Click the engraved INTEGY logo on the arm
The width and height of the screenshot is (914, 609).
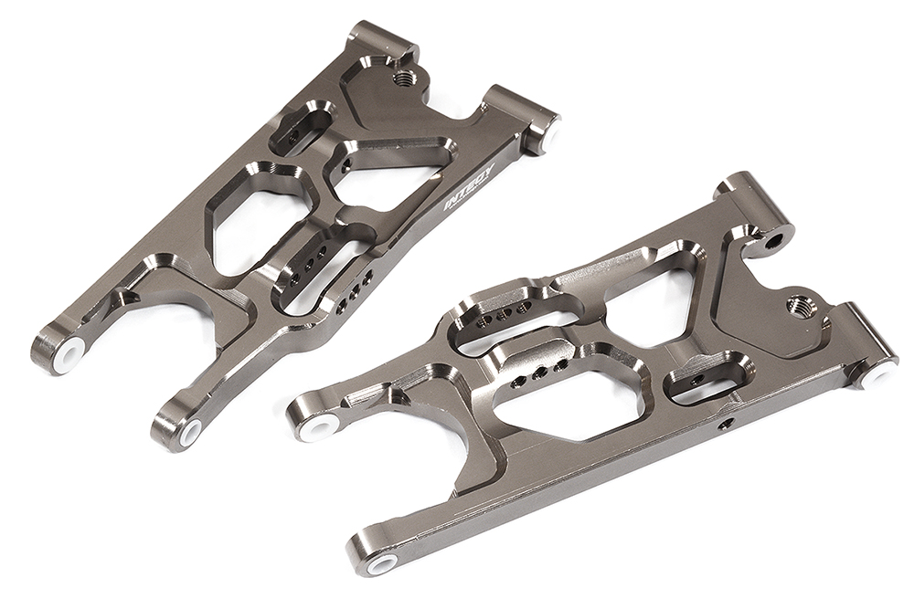tap(469, 187)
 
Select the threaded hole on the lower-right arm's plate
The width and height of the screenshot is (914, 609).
tap(798, 301)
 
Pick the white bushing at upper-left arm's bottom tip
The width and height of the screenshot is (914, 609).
tap(190, 432)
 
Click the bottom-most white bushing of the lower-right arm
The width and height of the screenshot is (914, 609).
tap(382, 563)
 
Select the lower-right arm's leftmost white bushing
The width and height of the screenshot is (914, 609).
tap(320, 425)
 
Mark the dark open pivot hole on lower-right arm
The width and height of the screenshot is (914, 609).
tap(774, 241)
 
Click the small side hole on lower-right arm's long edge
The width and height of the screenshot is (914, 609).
tap(725, 424)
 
